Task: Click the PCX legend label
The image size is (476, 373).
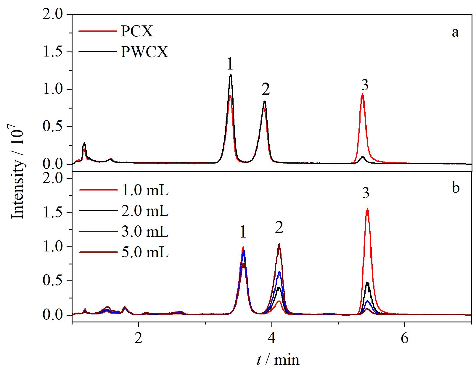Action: click(x=137, y=32)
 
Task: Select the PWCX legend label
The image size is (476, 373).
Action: click(x=144, y=52)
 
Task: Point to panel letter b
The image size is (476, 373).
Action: click(x=456, y=188)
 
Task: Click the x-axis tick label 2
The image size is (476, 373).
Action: click(x=139, y=338)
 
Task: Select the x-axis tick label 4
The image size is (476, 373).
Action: click(x=272, y=338)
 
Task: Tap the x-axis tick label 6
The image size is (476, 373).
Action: click(x=405, y=338)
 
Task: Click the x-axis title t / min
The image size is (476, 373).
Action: click(x=278, y=360)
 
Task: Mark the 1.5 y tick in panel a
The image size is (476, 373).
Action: click(x=52, y=52)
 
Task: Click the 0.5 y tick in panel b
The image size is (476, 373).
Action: click(x=52, y=281)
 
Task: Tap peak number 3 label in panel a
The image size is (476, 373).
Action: click(x=364, y=85)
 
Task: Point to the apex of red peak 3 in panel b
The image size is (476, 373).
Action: click(x=367, y=208)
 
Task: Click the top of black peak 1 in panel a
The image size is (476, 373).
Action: click(x=231, y=75)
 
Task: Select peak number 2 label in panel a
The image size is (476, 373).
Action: click(x=266, y=89)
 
